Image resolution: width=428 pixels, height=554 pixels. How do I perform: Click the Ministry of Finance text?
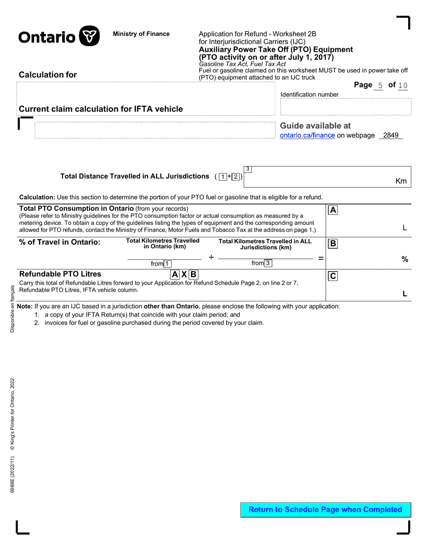pos(141,34)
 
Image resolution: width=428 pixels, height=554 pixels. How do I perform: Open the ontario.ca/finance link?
pos(307,135)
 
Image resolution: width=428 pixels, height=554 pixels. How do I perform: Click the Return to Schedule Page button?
pos(325,509)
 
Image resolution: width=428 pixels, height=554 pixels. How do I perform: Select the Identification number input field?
pos(346,108)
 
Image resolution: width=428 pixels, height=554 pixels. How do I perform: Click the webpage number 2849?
pos(391,135)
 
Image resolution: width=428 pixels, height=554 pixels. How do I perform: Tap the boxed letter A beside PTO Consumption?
pos(333,210)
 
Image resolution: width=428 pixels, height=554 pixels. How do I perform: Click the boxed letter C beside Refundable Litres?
pos(333,276)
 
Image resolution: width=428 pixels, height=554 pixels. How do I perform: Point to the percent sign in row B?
pos(405,259)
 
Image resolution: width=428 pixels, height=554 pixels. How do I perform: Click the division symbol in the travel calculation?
pos(211,257)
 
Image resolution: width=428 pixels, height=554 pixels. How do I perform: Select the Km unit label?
pos(401,181)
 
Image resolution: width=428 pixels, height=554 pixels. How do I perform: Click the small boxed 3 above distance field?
pos(248,169)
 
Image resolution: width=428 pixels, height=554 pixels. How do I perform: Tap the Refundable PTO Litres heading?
pos(60,274)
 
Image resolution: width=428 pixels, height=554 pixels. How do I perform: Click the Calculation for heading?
pos(48,75)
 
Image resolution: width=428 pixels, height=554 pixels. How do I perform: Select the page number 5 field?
pos(380,85)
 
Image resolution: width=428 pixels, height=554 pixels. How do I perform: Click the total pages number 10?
pos(403,85)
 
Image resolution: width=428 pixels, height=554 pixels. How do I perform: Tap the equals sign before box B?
pos(321,258)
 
